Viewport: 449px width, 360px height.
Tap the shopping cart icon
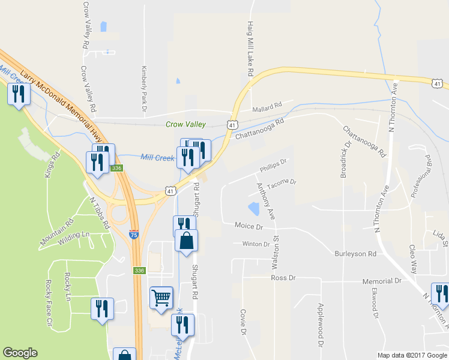161,296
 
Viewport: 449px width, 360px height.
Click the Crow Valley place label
185,124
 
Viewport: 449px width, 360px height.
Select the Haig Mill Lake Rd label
250,48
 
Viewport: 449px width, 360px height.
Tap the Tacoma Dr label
282,182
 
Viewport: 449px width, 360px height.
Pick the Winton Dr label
256,244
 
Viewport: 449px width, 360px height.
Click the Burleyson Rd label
355,254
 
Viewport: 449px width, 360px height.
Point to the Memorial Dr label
381,281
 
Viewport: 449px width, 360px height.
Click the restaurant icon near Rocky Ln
101,308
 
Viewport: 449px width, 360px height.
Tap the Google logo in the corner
20,353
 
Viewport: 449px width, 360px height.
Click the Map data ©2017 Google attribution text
412,355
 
